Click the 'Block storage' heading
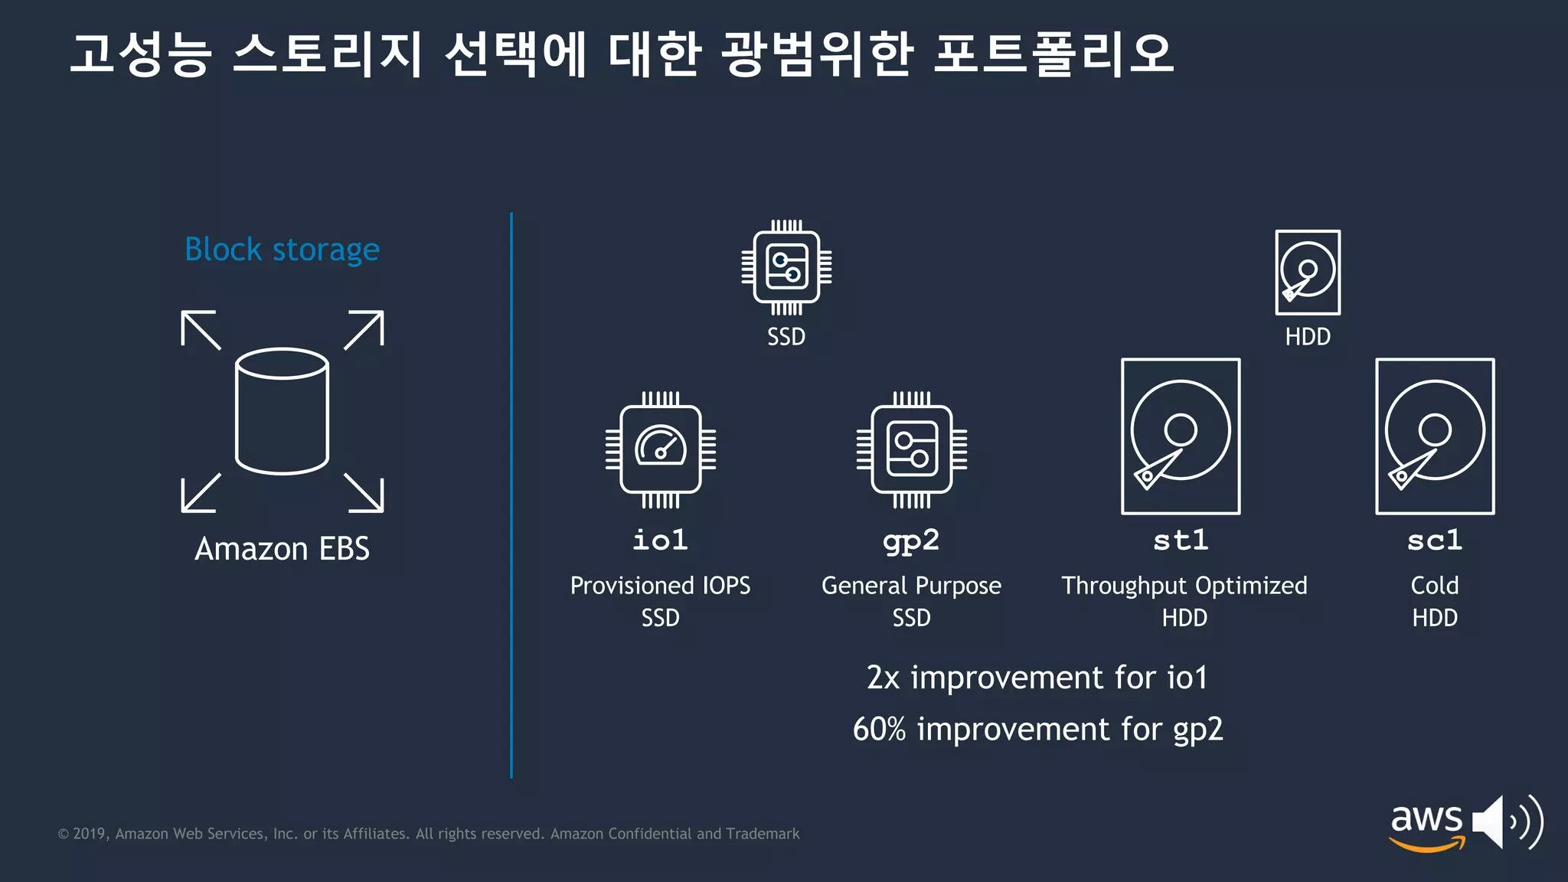(282, 250)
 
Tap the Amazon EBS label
(282, 549)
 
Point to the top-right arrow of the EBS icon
(365, 329)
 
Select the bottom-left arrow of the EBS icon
(199, 494)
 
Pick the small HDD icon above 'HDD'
(1308, 273)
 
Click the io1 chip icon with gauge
(661, 449)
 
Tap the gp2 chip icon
(912, 449)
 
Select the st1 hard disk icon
(1181, 436)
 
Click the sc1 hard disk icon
(1435, 436)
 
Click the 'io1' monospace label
(660, 541)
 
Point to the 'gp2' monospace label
(911, 541)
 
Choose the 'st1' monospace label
(1181, 541)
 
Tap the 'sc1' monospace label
(1435, 541)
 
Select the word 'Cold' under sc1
(1435, 586)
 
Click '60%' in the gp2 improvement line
(879, 730)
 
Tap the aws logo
(1427, 825)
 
